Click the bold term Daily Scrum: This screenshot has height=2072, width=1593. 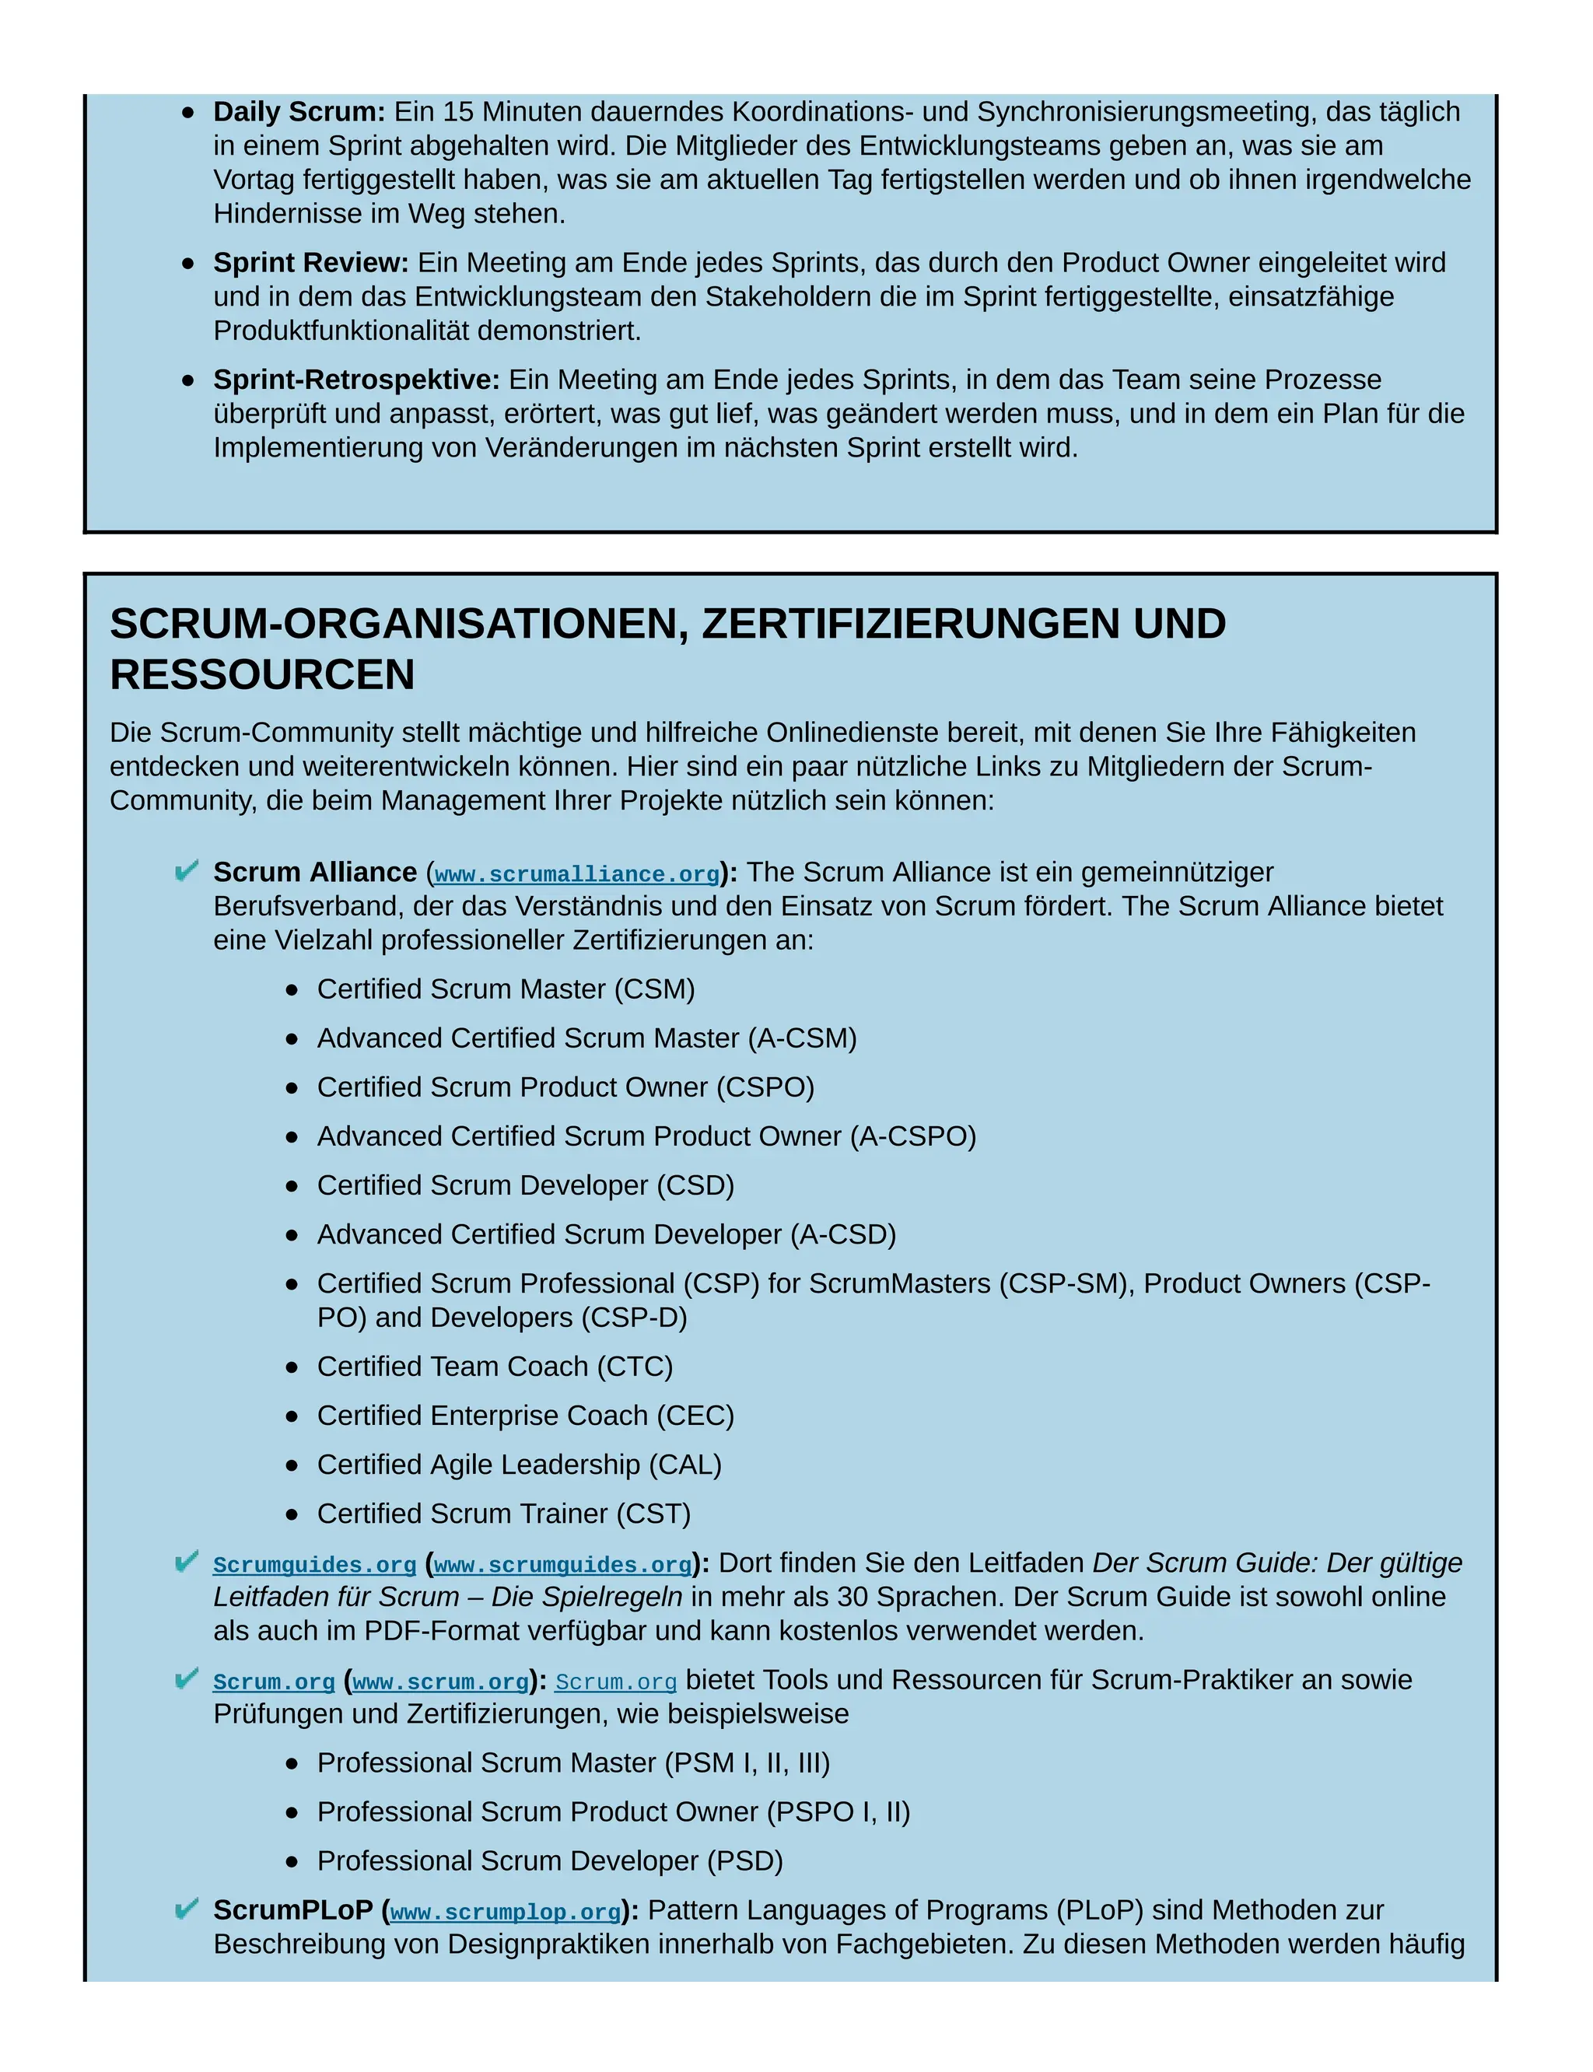[299, 112]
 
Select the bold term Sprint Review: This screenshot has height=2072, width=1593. [310, 263]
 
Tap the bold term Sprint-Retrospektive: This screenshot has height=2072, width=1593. [355, 380]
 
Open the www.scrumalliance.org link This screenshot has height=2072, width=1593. [576, 874]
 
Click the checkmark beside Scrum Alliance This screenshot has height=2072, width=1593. [187, 870]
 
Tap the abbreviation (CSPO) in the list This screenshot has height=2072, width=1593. [765, 1087]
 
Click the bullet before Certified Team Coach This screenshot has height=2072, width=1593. [292, 1367]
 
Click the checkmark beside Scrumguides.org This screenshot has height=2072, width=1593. [187, 1561]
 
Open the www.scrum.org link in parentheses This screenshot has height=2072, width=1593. [441, 1682]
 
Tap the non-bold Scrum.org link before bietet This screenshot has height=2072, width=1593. [615, 1682]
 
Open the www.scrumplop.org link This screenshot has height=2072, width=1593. [506, 1913]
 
